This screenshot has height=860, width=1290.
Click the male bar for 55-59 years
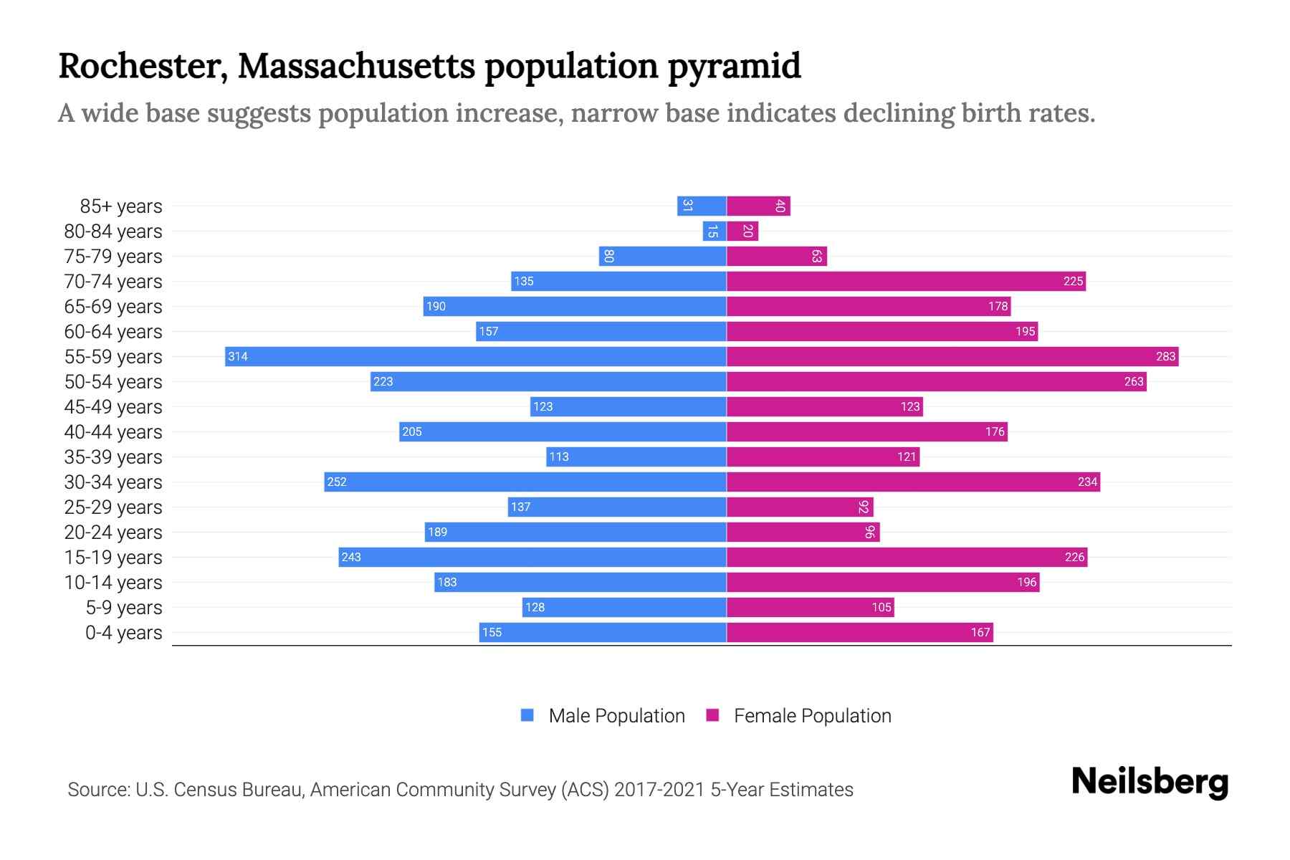click(x=476, y=356)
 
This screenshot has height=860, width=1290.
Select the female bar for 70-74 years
click(x=906, y=281)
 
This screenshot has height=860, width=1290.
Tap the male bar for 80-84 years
click(x=715, y=231)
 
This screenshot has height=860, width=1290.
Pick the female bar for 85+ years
click(x=758, y=206)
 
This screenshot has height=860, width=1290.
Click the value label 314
click(x=238, y=356)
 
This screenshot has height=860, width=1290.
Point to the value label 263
click(x=1134, y=381)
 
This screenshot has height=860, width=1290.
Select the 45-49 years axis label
click(x=113, y=406)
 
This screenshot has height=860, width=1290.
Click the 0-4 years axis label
click(x=123, y=632)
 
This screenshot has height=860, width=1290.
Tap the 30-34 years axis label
click(x=113, y=482)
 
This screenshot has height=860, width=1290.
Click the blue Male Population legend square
click(x=527, y=715)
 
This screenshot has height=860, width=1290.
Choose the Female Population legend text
click(x=812, y=715)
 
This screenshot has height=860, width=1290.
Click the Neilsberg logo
click(x=1150, y=782)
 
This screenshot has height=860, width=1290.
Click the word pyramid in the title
click(x=735, y=66)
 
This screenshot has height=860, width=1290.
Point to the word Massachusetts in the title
click(x=356, y=66)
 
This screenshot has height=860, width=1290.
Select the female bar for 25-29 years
click(x=800, y=507)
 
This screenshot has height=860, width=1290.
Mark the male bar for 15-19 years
click(x=532, y=557)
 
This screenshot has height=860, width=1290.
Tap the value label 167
click(x=980, y=632)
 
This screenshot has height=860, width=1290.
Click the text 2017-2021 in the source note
click(x=659, y=789)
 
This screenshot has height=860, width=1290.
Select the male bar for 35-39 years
click(x=636, y=457)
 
